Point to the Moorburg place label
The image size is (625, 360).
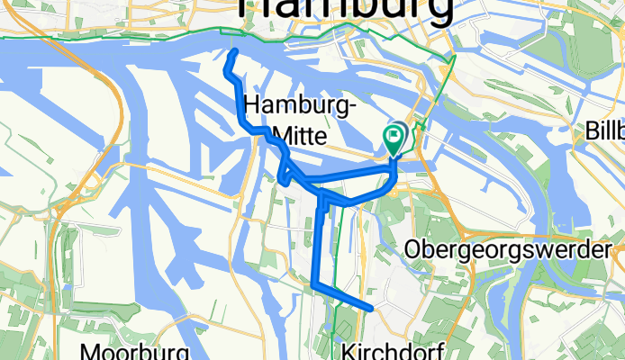(137, 350)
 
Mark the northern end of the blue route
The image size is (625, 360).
(233, 54)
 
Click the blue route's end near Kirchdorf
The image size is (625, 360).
(370, 309)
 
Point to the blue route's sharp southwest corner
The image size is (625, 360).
(314, 285)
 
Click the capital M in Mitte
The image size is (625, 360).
(281, 134)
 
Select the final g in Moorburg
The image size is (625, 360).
(182, 352)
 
